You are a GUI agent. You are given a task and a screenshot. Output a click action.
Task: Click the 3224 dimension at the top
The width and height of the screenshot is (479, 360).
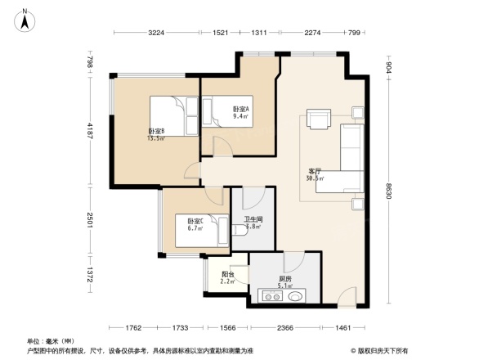pyautogui.click(x=157, y=33)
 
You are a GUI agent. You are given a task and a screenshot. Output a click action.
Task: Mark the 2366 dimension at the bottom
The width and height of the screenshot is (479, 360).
pyautogui.click(x=284, y=327)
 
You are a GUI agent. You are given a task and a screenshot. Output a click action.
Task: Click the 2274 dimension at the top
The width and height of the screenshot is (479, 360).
pyautogui.click(x=311, y=33)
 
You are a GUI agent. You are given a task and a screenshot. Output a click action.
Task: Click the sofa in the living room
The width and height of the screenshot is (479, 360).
pyautogui.click(x=350, y=159)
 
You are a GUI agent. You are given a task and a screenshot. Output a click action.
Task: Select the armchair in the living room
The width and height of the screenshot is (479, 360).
pyautogui.click(x=318, y=119)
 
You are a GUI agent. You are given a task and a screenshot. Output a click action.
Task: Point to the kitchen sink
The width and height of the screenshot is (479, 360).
pyautogui.click(x=295, y=296)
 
